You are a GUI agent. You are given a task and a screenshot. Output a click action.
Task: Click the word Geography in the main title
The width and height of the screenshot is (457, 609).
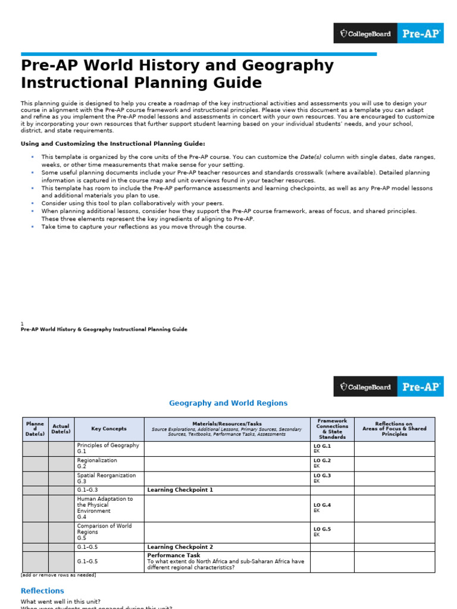pos(227,65)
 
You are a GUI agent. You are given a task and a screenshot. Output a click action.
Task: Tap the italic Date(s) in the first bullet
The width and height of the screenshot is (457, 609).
pos(310,157)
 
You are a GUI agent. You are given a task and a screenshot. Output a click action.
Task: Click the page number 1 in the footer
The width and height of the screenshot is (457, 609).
pos(22,324)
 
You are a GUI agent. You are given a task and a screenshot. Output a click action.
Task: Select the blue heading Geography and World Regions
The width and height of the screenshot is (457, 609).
pos(228,403)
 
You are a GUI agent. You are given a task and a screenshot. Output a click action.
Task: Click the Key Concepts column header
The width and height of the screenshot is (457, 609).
pos(109,429)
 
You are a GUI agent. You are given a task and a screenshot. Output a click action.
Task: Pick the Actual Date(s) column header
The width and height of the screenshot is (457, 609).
pos(61,429)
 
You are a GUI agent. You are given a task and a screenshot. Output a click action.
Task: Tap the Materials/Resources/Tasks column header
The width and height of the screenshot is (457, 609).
pos(227,424)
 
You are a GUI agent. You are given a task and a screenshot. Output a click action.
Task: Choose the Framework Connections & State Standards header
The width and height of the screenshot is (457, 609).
pos(332,429)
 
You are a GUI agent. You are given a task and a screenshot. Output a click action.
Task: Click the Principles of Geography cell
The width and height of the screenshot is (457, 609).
pos(108,448)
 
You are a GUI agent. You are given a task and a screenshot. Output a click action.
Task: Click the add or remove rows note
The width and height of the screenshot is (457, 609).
pos(58,575)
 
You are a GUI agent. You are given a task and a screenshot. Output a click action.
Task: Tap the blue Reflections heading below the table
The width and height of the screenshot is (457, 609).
pos(42,591)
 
